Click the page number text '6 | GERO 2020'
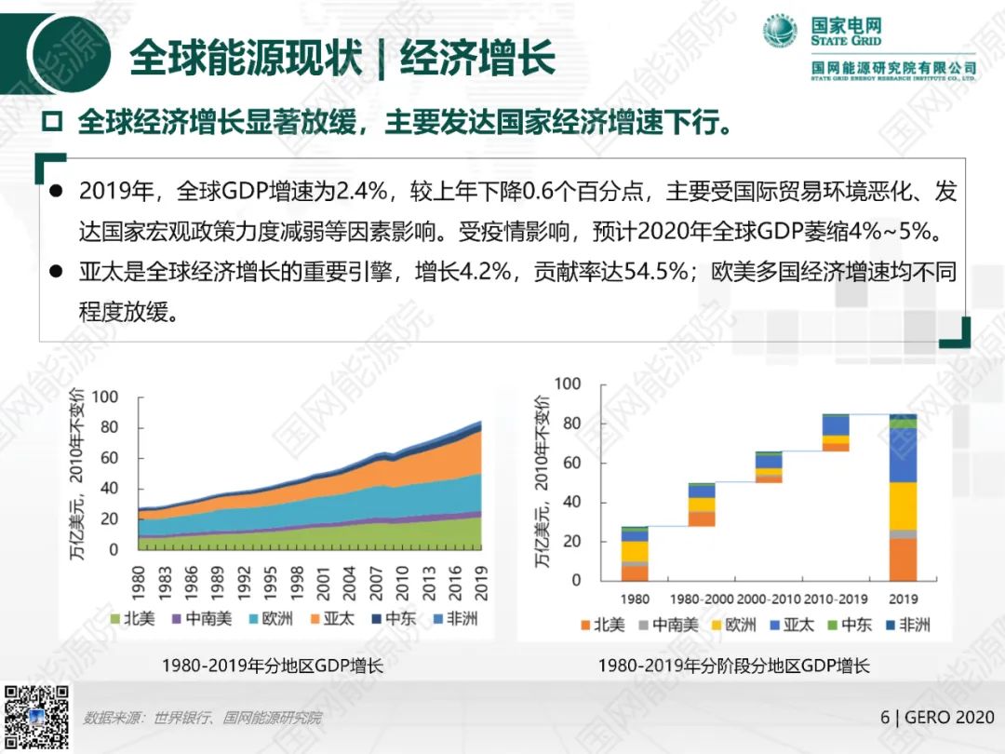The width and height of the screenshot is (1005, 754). [x=937, y=717]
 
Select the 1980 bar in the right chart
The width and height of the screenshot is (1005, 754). [x=635, y=554]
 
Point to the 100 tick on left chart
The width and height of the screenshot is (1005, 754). [x=105, y=397]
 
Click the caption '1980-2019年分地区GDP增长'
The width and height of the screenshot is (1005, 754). [x=272, y=666]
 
